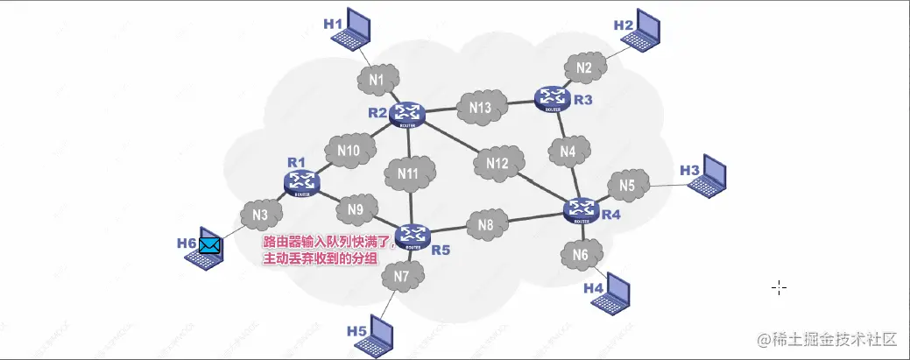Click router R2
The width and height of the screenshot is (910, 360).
click(x=407, y=113)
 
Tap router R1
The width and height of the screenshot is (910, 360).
click(x=302, y=181)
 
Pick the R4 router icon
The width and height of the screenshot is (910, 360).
click(x=580, y=208)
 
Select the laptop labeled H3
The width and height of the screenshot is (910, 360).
click(x=709, y=175)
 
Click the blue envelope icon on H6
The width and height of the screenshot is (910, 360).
click(x=209, y=245)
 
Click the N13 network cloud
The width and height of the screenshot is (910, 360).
click(x=479, y=107)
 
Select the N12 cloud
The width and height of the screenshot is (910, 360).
click(x=497, y=163)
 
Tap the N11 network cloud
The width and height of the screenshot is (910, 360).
click(x=409, y=173)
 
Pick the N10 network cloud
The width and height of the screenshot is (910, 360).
click(x=348, y=151)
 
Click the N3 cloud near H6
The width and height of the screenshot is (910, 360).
click(x=259, y=214)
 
